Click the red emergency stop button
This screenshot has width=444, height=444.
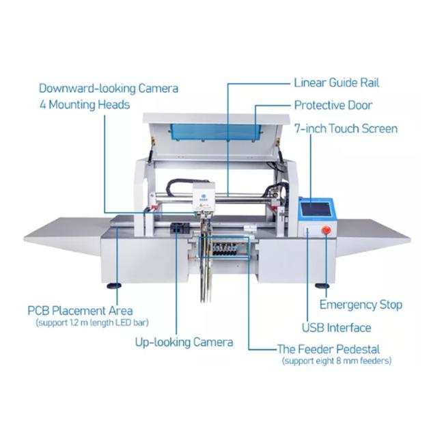pyautogui.click(x=326, y=230)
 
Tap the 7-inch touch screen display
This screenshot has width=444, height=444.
pyautogui.click(x=316, y=209)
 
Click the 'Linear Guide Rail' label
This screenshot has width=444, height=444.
pyautogui.click(x=337, y=83)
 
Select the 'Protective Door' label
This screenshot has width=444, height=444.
pyautogui.click(x=333, y=105)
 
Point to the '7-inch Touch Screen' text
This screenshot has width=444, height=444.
pyautogui.click(x=346, y=128)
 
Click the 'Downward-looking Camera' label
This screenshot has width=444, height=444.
pyautogui.click(x=109, y=88)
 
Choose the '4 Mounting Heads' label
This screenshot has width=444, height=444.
pyautogui.click(x=85, y=105)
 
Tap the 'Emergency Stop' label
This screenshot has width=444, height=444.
pyautogui.click(x=361, y=305)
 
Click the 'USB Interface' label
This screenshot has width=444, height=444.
pyautogui.click(x=336, y=328)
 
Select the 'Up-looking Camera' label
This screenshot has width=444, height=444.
pyautogui.click(x=184, y=342)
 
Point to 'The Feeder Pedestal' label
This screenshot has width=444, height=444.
pyautogui.click(x=329, y=349)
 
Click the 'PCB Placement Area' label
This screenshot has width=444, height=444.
pyautogui.click(x=80, y=311)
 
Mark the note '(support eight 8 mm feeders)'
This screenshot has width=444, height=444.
pyautogui.click(x=337, y=361)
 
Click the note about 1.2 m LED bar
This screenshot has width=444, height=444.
pyautogui.click(x=92, y=323)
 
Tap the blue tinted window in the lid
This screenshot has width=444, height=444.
pyautogui.click(x=215, y=132)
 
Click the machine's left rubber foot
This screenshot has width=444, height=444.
pyautogui.click(x=114, y=286)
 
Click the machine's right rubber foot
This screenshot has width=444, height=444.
pyautogui.click(x=322, y=286)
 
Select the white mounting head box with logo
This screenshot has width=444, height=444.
pyautogui.click(x=204, y=197)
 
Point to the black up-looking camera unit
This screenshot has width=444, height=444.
pyautogui.click(x=180, y=228)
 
